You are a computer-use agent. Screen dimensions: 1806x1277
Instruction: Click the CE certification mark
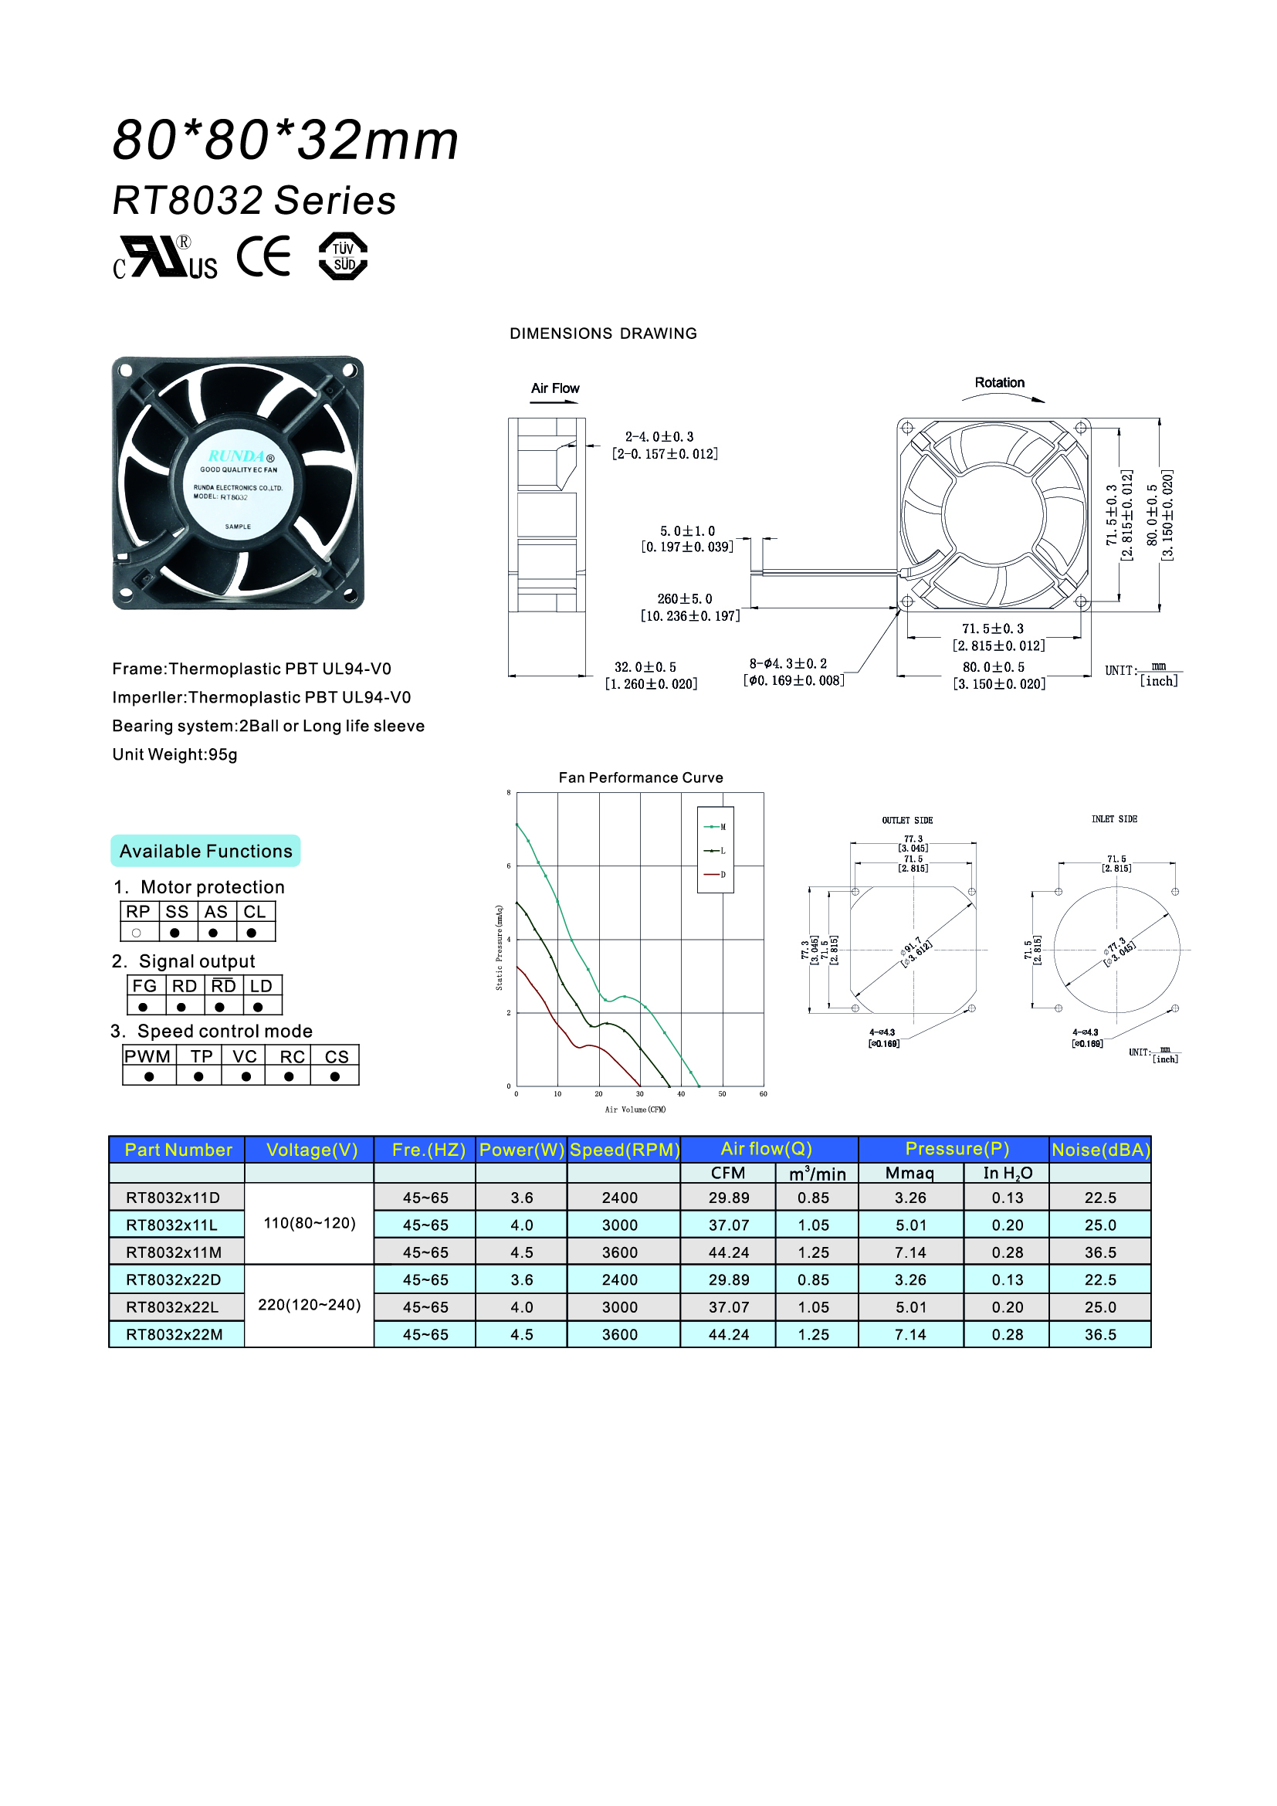tap(263, 256)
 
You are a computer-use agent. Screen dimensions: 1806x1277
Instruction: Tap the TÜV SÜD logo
tap(343, 256)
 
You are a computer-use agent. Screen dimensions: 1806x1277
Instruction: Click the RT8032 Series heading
tap(254, 200)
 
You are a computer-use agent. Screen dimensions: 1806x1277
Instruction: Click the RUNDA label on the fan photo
tap(237, 456)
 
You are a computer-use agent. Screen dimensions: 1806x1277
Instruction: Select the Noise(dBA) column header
tap(1100, 1150)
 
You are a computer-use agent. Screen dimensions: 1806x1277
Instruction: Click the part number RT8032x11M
tap(174, 1252)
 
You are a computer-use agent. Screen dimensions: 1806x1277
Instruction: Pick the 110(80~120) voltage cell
tap(309, 1223)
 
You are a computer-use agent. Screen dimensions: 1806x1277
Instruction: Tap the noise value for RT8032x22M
tap(1100, 1335)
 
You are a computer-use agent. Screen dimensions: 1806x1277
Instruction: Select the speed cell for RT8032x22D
tap(620, 1279)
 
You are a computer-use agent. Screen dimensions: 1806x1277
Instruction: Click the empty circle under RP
tap(137, 933)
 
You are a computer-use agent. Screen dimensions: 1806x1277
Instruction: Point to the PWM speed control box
tap(147, 1056)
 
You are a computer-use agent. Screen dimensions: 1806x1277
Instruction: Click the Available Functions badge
tap(205, 851)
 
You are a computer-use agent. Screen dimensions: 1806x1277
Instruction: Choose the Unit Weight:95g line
tap(174, 754)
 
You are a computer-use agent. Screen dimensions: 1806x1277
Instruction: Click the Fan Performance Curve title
tap(641, 778)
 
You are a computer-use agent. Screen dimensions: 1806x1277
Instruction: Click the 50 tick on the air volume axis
tap(722, 1094)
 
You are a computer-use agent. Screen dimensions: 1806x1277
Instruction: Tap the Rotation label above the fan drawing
tap(999, 383)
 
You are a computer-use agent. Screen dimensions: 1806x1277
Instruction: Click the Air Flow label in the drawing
tap(555, 388)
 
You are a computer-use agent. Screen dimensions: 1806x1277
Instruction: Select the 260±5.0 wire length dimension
tap(684, 598)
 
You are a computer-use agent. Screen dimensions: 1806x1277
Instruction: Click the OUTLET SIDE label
tap(906, 821)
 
